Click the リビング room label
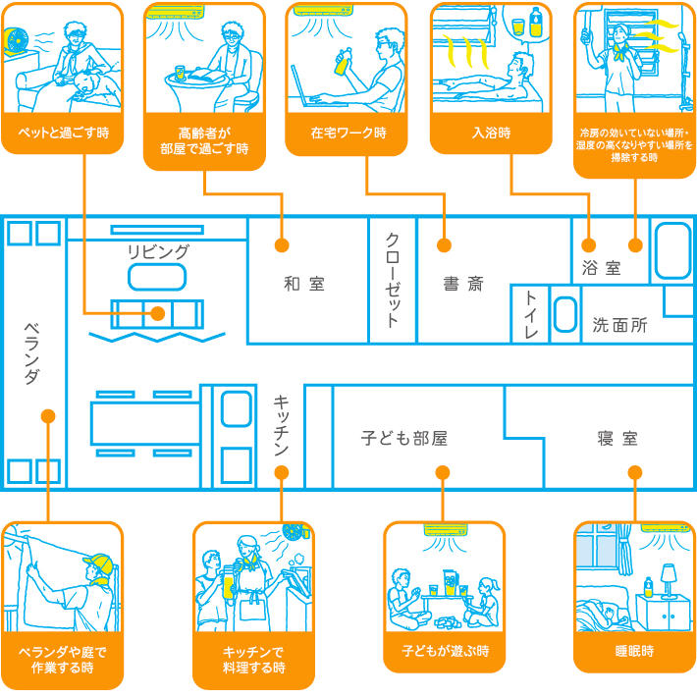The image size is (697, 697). tap(157, 251)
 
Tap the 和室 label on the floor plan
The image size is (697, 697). tap(303, 285)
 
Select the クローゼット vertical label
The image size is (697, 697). tap(392, 280)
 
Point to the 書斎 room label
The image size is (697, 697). tap(462, 285)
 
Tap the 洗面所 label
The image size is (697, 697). tap(619, 326)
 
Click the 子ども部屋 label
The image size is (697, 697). tap(403, 438)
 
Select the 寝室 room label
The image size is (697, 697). tap(617, 438)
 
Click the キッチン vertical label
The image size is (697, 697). tap(281, 425)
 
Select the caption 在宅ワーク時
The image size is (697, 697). tap(348, 132)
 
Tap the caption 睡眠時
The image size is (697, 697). tap(634, 651)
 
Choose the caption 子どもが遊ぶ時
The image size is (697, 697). tap(445, 651)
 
